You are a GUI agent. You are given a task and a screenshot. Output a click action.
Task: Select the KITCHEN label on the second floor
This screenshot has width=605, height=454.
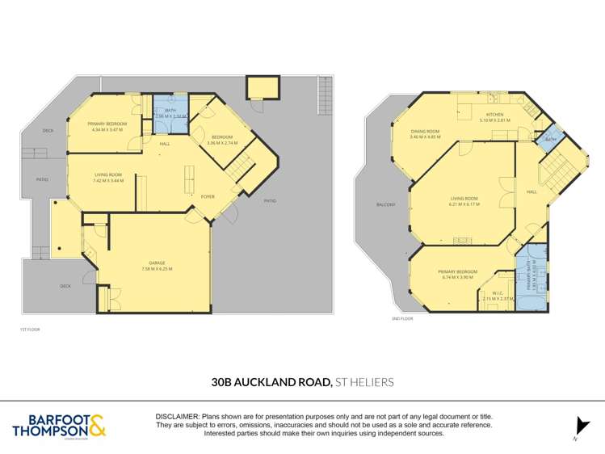click(x=494, y=115)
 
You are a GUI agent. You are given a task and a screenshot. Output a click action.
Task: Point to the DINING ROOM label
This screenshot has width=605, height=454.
click(x=425, y=132)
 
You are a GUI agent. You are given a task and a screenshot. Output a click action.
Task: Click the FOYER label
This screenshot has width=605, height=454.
click(x=208, y=196)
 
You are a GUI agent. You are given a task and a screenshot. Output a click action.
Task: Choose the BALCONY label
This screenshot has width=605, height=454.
click(x=385, y=204)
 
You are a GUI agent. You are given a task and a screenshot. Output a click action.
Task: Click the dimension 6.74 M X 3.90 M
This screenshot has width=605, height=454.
click(x=457, y=277)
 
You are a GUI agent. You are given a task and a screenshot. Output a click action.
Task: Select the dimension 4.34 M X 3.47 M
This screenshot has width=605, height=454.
click(x=107, y=129)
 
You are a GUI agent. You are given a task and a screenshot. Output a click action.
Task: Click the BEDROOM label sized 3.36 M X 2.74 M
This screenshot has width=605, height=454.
click(x=223, y=137)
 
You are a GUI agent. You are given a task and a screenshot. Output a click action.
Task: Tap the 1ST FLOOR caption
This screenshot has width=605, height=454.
click(x=29, y=330)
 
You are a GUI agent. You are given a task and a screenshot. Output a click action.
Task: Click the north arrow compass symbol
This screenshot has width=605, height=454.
click(x=580, y=427)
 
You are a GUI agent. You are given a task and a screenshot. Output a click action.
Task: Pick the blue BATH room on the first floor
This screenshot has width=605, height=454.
click(x=170, y=113)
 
